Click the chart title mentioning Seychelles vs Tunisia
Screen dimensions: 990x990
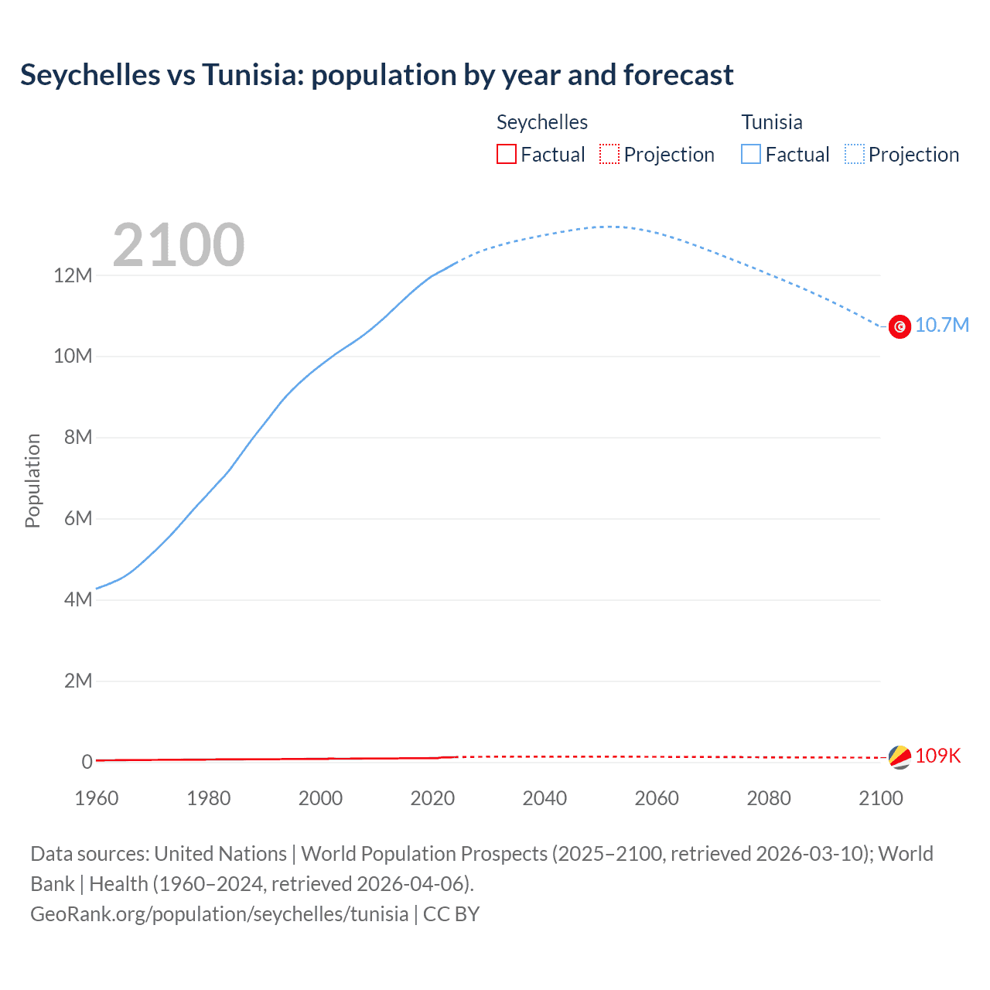(x=377, y=75)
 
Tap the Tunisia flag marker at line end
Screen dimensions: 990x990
(x=900, y=327)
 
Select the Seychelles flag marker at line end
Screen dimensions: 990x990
(x=900, y=757)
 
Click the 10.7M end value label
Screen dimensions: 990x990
(x=941, y=325)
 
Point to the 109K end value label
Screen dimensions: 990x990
(x=937, y=756)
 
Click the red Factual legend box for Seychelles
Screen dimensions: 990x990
(x=506, y=154)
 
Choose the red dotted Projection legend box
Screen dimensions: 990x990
(x=609, y=154)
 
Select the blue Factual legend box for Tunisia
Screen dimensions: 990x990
(x=750, y=154)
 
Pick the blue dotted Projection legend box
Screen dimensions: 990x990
(x=854, y=154)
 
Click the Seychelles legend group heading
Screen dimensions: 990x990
(x=541, y=122)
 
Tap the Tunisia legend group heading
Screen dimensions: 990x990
(x=771, y=122)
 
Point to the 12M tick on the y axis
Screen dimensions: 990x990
(x=73, y=275)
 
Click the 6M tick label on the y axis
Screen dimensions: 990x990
(x=77, y=518)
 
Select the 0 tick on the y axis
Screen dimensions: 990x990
(x=87, y=762)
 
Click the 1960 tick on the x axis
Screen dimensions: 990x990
(x=97, y=798)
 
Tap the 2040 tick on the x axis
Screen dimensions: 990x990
(x=544, y=798)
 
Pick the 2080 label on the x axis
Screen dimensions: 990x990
(x=769, y=798)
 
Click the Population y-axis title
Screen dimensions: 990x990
(x=32, y=480)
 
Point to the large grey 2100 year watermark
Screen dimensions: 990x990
(x=179, y=245)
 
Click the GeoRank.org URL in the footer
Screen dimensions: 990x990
(x=219, y=914)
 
